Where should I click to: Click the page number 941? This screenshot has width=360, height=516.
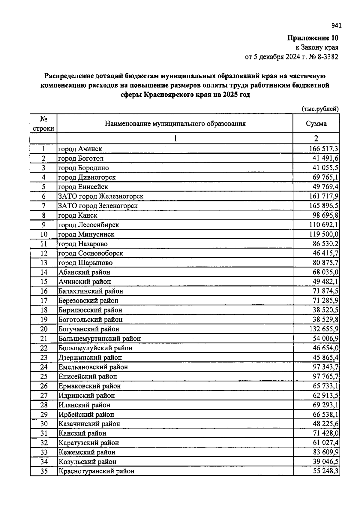(x=337, y=26)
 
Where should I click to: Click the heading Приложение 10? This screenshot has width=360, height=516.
(x=313, y=38)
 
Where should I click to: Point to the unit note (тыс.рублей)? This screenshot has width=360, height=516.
(x=320, y=109)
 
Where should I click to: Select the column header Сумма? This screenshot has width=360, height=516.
(x=316, y=124)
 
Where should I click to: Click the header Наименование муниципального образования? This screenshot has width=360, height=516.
(x=175, y=124)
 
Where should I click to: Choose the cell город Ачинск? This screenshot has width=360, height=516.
(x=80, y=149)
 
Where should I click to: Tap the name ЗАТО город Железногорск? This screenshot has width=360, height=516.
(x=101, y=196)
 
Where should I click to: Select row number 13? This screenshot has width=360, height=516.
(x=44, y=263)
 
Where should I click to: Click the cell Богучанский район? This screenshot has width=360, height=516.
(x=89, y=329)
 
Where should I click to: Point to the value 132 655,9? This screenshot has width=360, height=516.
(x=324, y=329)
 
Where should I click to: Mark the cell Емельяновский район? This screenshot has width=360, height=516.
(x=93, y=367)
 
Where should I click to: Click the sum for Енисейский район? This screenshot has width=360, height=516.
(x=325, y=376)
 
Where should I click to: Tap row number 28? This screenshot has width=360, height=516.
(x=44, y=405)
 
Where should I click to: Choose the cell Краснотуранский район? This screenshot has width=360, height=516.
(x=96, y=471)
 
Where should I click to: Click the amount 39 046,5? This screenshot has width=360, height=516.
(x=325, y=462)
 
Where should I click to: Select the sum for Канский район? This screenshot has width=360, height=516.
(x=325, y=433)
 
